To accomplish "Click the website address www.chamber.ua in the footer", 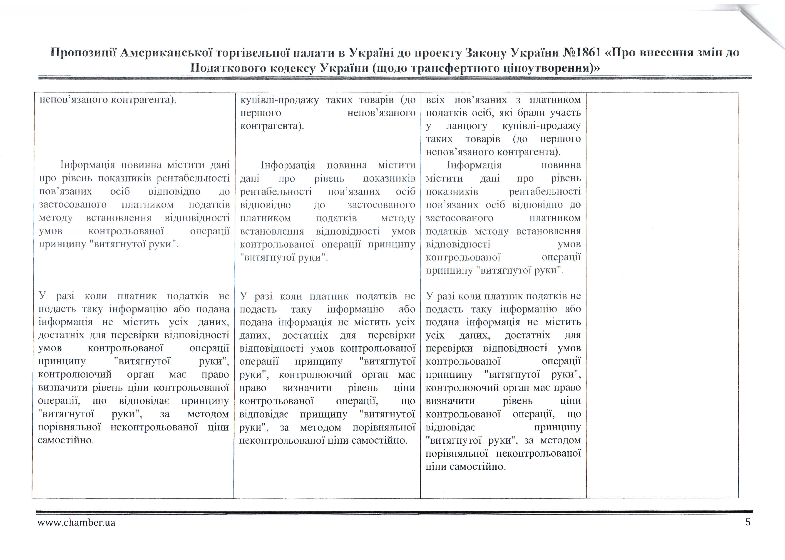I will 76,522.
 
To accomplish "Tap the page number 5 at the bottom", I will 748,522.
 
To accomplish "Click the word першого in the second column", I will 261,113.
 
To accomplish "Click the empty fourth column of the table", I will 662,293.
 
